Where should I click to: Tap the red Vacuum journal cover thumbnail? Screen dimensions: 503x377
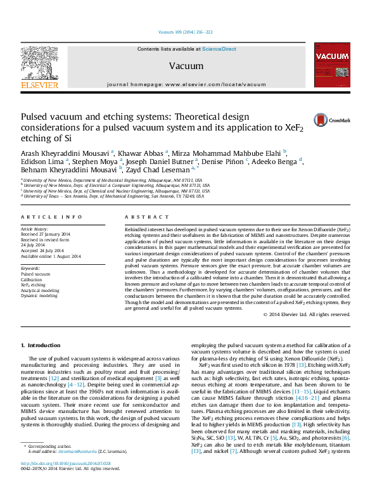pyautogui.click(x=332, y=65)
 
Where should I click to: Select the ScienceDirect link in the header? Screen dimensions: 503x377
pyautogui.click(x=219, y=49)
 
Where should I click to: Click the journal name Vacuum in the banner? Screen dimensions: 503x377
pyautogui.click(x=186, y=66)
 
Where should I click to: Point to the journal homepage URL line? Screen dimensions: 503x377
pyautogui.click(x=186, y=84)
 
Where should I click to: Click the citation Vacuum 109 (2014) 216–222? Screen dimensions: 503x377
pyautogui.click(x=186, y=32)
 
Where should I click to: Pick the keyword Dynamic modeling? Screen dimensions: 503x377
pyautogui.click(x=39, y=296)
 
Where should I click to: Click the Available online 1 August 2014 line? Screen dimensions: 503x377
pyautogui.click(x=51, y=257)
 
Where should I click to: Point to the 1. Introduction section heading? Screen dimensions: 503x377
pyautogui.click(x=41, y=345)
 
